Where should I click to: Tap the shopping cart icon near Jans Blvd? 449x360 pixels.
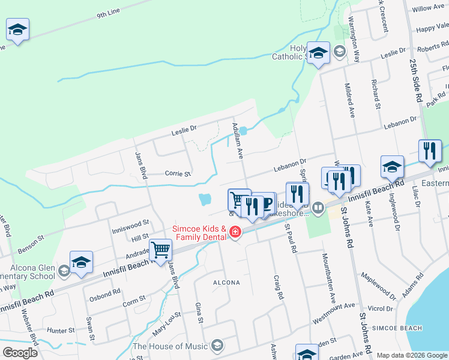pyautogui.click(x=161, y=249)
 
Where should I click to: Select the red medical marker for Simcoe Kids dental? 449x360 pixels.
pyautogui.click(x=235, y=232)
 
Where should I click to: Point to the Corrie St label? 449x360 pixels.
pyautogui.click(x=178, y=174)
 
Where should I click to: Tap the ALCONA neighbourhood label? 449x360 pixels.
pyautogui.click(x=226, y=282)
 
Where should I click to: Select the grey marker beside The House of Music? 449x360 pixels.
pyautogui.click(x=217, y=345)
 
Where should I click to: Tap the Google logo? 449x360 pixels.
pyautogui.click(x=20, y=353)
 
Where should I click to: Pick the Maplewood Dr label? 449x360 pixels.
pyautogui.click(x=378, y=286)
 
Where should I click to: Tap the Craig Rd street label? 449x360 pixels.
pyautogui.click(x=277, y=287)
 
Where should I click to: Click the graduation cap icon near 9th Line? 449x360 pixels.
pyautogui.click(x=18, y=29)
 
